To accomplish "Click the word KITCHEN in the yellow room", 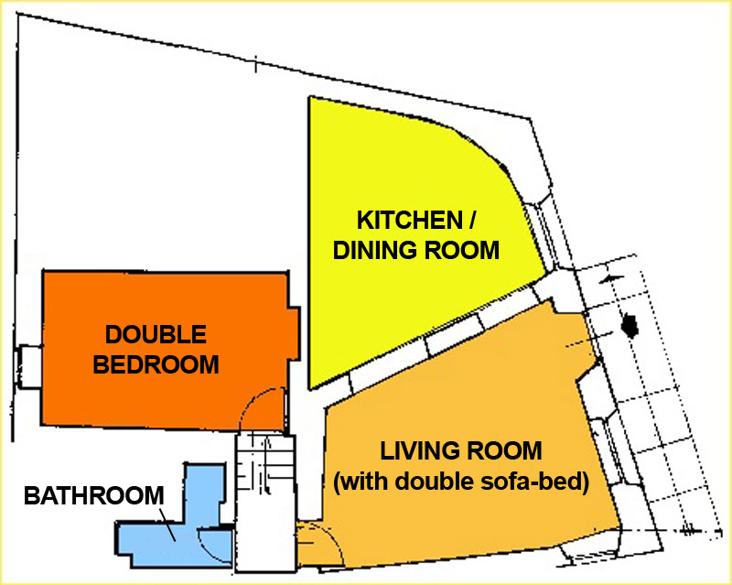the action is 409,220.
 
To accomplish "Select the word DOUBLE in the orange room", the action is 156,334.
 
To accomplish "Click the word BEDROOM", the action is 156,364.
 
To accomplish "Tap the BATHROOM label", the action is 94,496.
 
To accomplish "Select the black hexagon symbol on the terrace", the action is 630,326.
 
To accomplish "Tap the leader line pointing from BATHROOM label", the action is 167,525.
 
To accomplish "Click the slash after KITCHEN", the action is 471,220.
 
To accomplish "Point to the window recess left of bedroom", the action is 30,366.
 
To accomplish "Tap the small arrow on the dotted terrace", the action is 610,279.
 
